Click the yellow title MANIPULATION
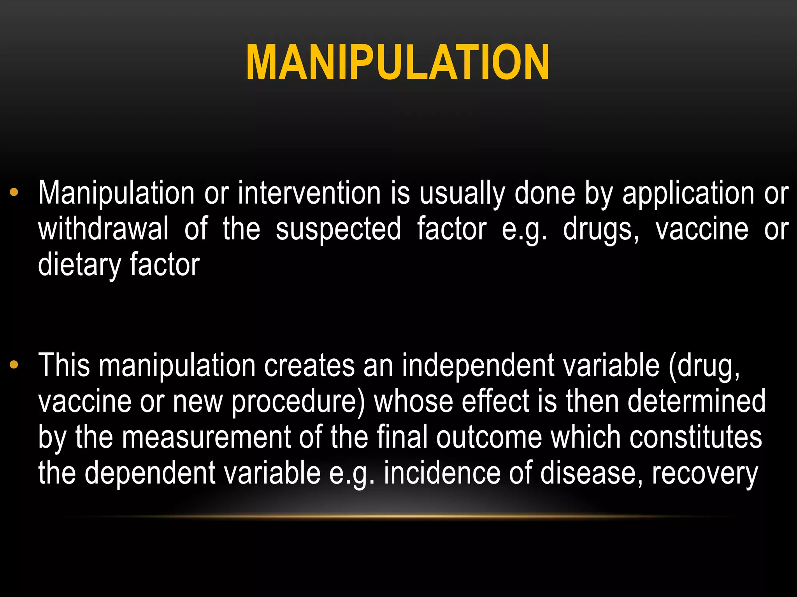coord(398,62)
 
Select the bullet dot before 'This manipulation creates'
coord(14,364)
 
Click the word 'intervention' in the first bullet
coord(309,193)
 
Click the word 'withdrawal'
coord(104,229)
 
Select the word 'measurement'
coord(206,437)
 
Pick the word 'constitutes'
coord(696,437)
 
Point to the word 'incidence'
coord(442,473)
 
